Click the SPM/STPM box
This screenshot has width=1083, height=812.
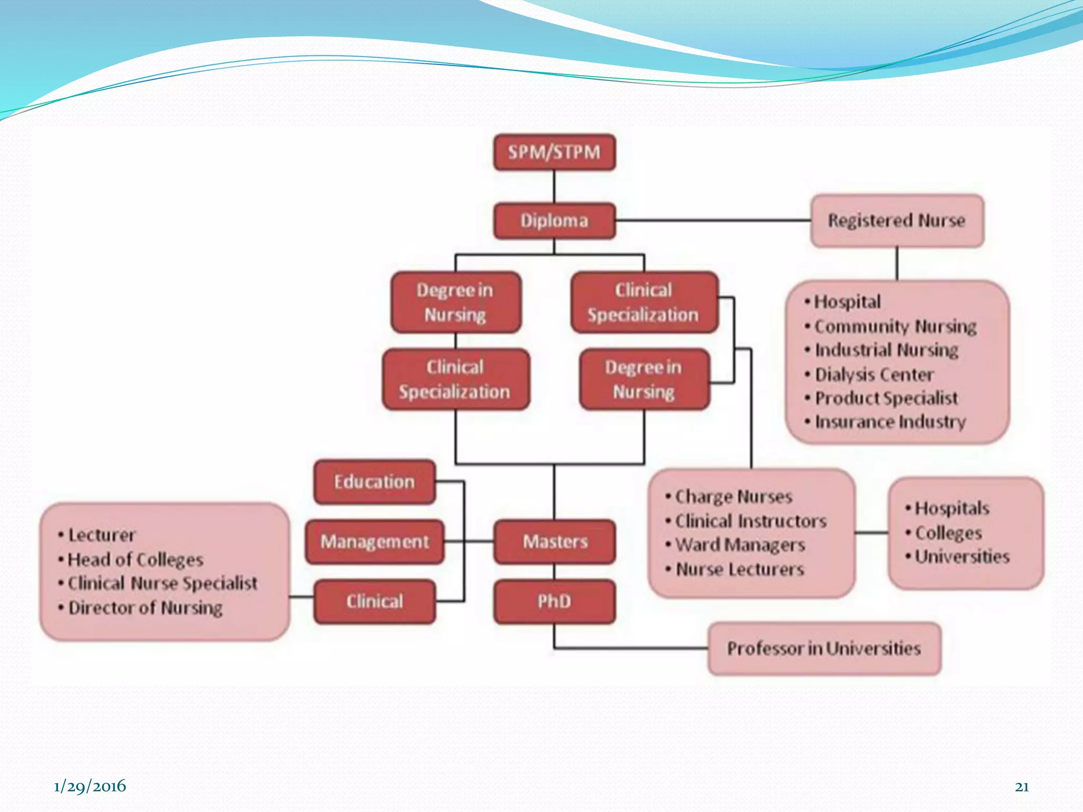click(x=554, y=152)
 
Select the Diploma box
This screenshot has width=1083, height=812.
click(x=554, y=220)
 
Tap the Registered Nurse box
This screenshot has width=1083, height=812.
click(x=897, y=220)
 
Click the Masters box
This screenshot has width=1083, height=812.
click(x=555, y=542)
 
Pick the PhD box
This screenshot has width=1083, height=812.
click(x=555, y=602)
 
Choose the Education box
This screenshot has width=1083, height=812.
click(x=374, y=482)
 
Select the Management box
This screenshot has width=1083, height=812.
click(x=374, y=542)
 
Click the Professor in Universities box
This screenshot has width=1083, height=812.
click(x=824, y=649)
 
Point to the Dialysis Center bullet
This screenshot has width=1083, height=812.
click(x=874, y=375)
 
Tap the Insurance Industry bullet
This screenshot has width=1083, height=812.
click(x=890, y=422)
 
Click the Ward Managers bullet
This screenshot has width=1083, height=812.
click(x=740, y=545)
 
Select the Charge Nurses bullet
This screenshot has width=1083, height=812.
click(x=733, y=497)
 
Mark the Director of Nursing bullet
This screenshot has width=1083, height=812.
click(x=145, y=608)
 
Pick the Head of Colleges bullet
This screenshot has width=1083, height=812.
click(x=135, y=559)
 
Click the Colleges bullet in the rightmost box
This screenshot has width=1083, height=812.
click(x=948, y=533)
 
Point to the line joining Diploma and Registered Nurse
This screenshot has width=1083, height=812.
click(x=713, y=220)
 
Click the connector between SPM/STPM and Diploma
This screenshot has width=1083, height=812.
click(x=554, y=187)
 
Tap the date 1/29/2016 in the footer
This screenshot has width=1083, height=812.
click(x=90, y=786)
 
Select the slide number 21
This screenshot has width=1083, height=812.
click(x=1022, y=787)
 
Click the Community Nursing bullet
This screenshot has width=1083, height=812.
click(x=895, y=327)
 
